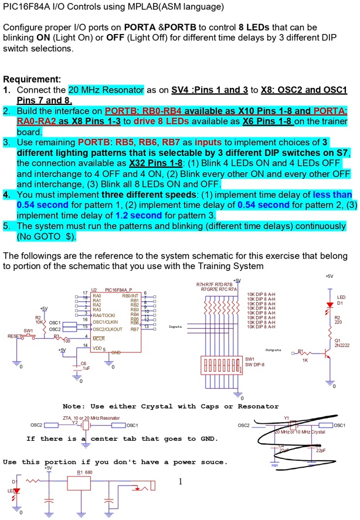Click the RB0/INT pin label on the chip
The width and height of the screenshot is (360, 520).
[130, 297]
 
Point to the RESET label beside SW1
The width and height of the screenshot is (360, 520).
[13, 337]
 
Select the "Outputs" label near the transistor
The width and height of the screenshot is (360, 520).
[274, 350]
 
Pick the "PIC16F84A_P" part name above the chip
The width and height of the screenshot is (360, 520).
[118, 290]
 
